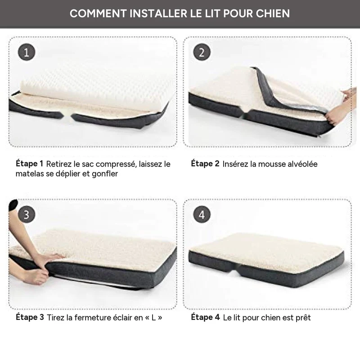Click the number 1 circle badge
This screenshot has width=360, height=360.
[27, 52]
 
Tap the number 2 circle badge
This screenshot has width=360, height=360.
[202, 52]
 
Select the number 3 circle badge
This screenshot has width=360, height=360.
[27, 215]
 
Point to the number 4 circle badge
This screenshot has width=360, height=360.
[202, 215]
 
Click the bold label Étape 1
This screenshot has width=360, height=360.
[29, 164]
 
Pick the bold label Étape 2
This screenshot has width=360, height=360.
[205, 164]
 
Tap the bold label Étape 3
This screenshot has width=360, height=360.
[30, 317]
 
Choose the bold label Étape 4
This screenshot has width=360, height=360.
[206, 317]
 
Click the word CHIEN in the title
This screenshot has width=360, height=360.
[273, 13]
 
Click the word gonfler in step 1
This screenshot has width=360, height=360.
[105, 174]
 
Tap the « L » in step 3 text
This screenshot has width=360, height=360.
[153, 318]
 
